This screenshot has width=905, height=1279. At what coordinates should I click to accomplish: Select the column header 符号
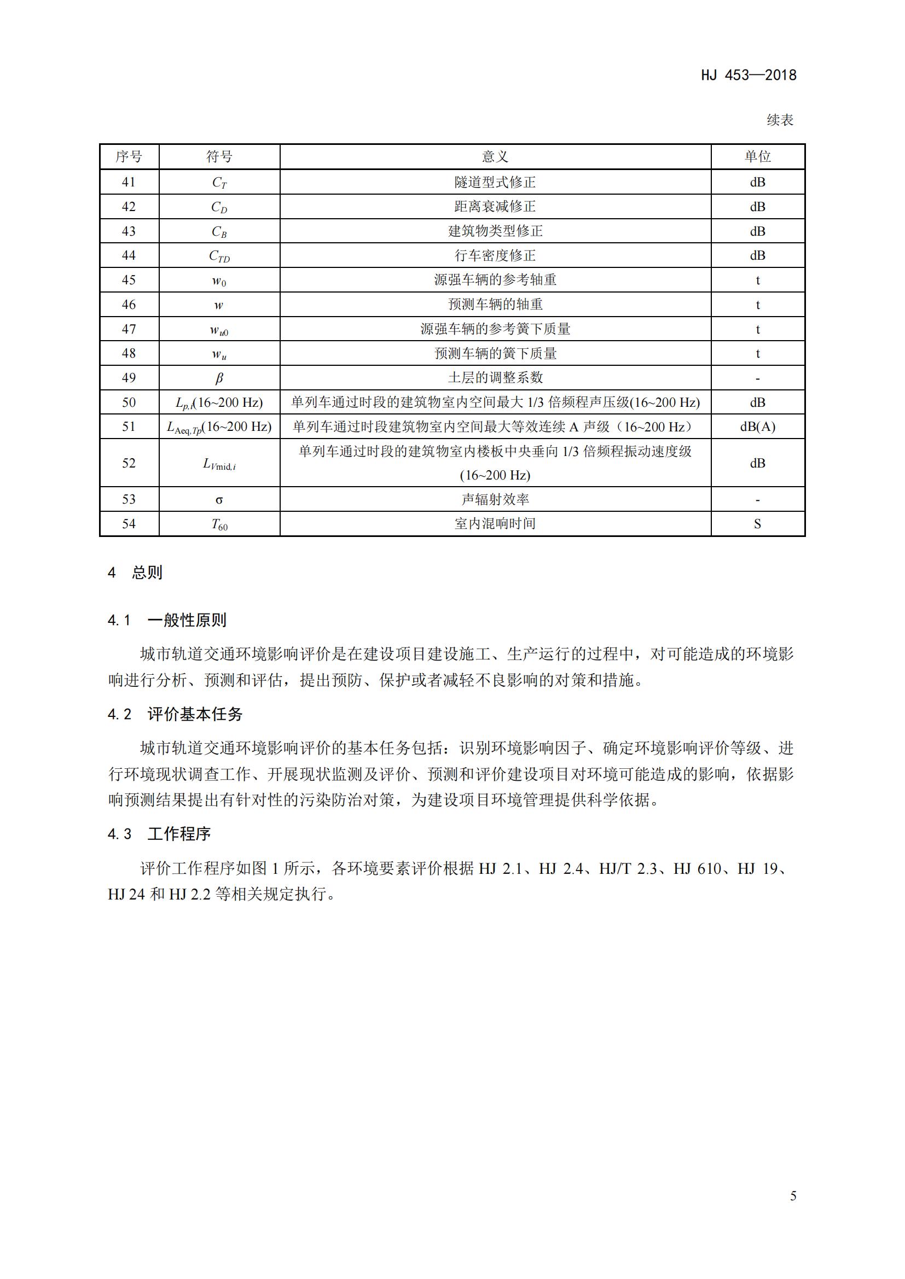pyautogui.click(x=219, y=156)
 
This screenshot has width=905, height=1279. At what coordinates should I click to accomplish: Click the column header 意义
pyautogui.click(x=495, y=156)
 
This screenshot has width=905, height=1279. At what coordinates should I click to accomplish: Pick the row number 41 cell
pyautogui.click(x=129, y=182)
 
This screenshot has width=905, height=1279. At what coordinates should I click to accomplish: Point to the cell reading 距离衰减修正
pyautogui.click(x=495, y=207)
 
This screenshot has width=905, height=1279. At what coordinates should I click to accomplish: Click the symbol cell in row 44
pyautogui.click(x=219, y=256)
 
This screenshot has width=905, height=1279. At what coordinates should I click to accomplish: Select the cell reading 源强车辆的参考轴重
pyautogui.click(x=495, y=279)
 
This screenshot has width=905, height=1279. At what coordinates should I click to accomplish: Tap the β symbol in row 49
pyautogui.click(x=219, y=378)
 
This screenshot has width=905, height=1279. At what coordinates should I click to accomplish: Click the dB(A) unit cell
pyautogui.click(x=757, y=427)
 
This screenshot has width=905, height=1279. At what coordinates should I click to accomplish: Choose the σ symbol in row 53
pyautogui.click(x=219, y=500)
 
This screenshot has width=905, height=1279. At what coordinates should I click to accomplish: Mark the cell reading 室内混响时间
pyautogui.click(x=495, y=524)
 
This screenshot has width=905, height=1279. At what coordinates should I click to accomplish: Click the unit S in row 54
pyautogui.click(x=757, y=524)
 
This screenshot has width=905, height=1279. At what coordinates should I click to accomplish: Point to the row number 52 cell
pyautogui.click(x=129, y=463)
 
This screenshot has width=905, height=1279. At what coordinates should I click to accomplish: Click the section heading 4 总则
pyautogui.click(x=135, y=573)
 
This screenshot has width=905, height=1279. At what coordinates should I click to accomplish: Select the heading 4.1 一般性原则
pyautogui.click(x=167, y=621)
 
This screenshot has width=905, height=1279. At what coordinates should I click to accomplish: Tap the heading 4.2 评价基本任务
pyautogui.click(x=175, y=715)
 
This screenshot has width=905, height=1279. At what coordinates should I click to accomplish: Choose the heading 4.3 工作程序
pyautogui.click(x=159, y=834)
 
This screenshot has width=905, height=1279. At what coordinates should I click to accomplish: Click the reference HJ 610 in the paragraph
pyautogui.click(x=697, y=868)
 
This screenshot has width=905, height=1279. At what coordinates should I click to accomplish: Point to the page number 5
pyautogui.click(x=793, y=1196)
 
